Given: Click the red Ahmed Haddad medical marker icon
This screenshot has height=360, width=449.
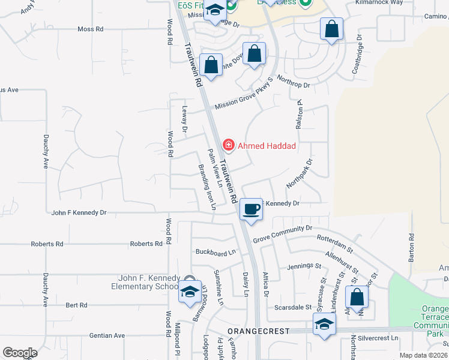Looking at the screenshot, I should [x=228, y=145].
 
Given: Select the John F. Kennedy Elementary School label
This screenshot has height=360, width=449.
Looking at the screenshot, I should [x=149, y=282].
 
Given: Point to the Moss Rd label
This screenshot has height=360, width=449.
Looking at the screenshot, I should [x=91, y=29].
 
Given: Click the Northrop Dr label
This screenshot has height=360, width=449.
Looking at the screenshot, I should [x=293, y=85].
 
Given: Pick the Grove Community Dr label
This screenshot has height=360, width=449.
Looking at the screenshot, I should [x=283, y=233].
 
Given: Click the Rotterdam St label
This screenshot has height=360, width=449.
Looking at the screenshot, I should [x=337, y=239].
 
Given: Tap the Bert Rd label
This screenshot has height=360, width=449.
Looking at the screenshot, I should [x=76, y=305].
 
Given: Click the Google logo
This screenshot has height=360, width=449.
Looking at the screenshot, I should [x=20, y=353].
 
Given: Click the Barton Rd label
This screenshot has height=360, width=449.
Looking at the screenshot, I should [x=412, y=247].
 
